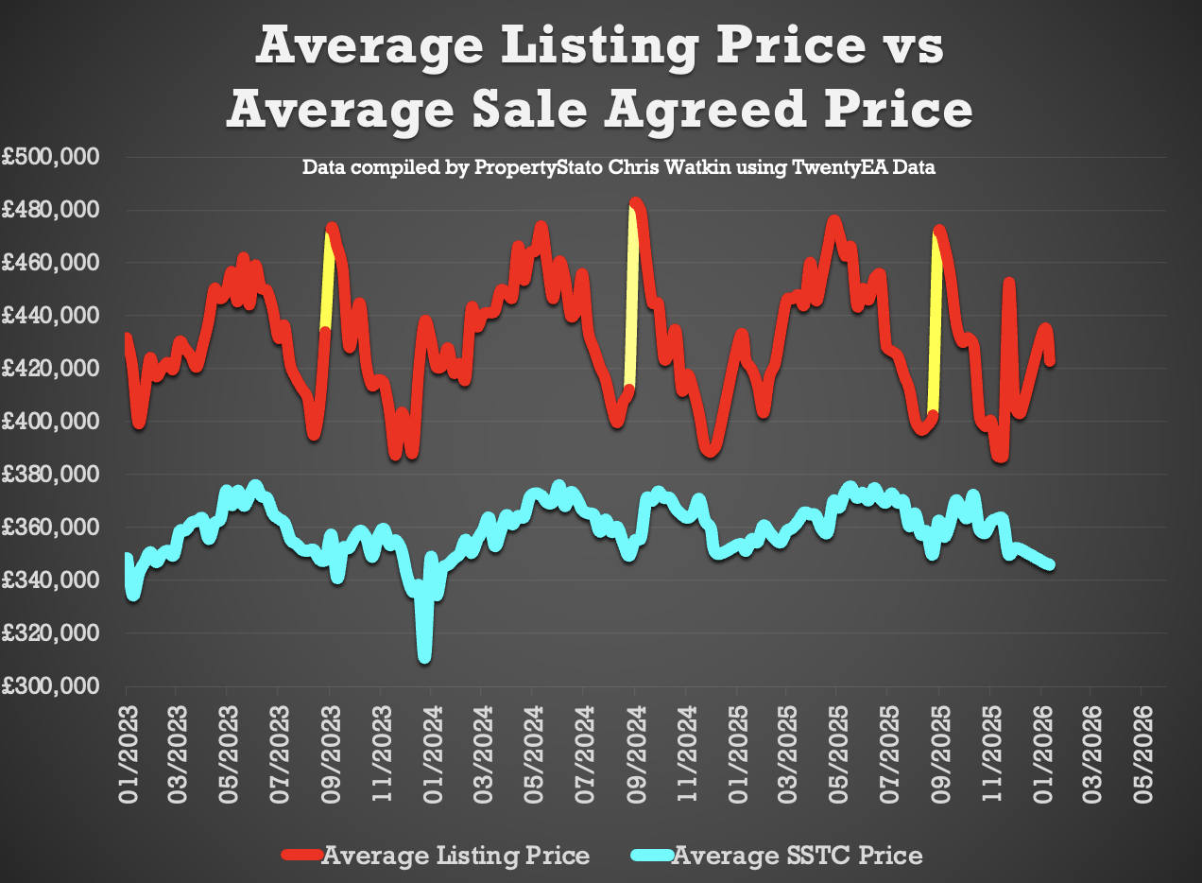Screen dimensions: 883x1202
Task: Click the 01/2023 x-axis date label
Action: point(127,752)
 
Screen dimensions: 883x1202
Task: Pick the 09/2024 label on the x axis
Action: point(635,752)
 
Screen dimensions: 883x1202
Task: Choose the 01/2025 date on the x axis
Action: point(737,752)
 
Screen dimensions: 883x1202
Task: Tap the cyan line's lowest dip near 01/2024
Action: point(425,654)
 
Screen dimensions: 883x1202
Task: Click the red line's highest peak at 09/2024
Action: point(635,202)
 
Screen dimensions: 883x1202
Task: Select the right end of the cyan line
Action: point(1050,564)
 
